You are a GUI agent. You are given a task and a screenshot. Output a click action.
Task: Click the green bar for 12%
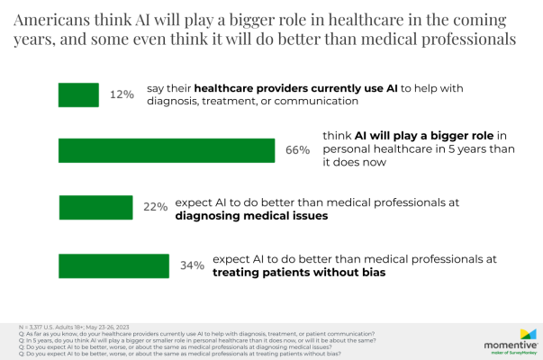[78, 94]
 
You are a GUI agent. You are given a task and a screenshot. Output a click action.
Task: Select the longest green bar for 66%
[166, 150]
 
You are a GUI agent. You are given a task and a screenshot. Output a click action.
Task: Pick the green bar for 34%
[113, 265]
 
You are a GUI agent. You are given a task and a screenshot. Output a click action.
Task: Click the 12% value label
[122, 94]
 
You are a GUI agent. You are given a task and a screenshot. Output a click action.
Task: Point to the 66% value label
[298, 150]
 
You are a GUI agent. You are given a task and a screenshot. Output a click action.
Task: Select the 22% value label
[156, 207]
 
